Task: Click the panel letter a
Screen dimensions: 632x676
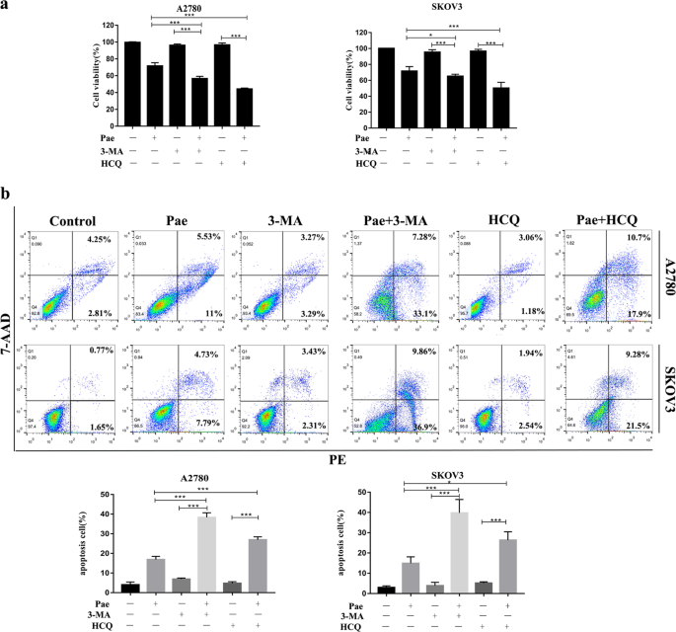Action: point(7,7)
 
